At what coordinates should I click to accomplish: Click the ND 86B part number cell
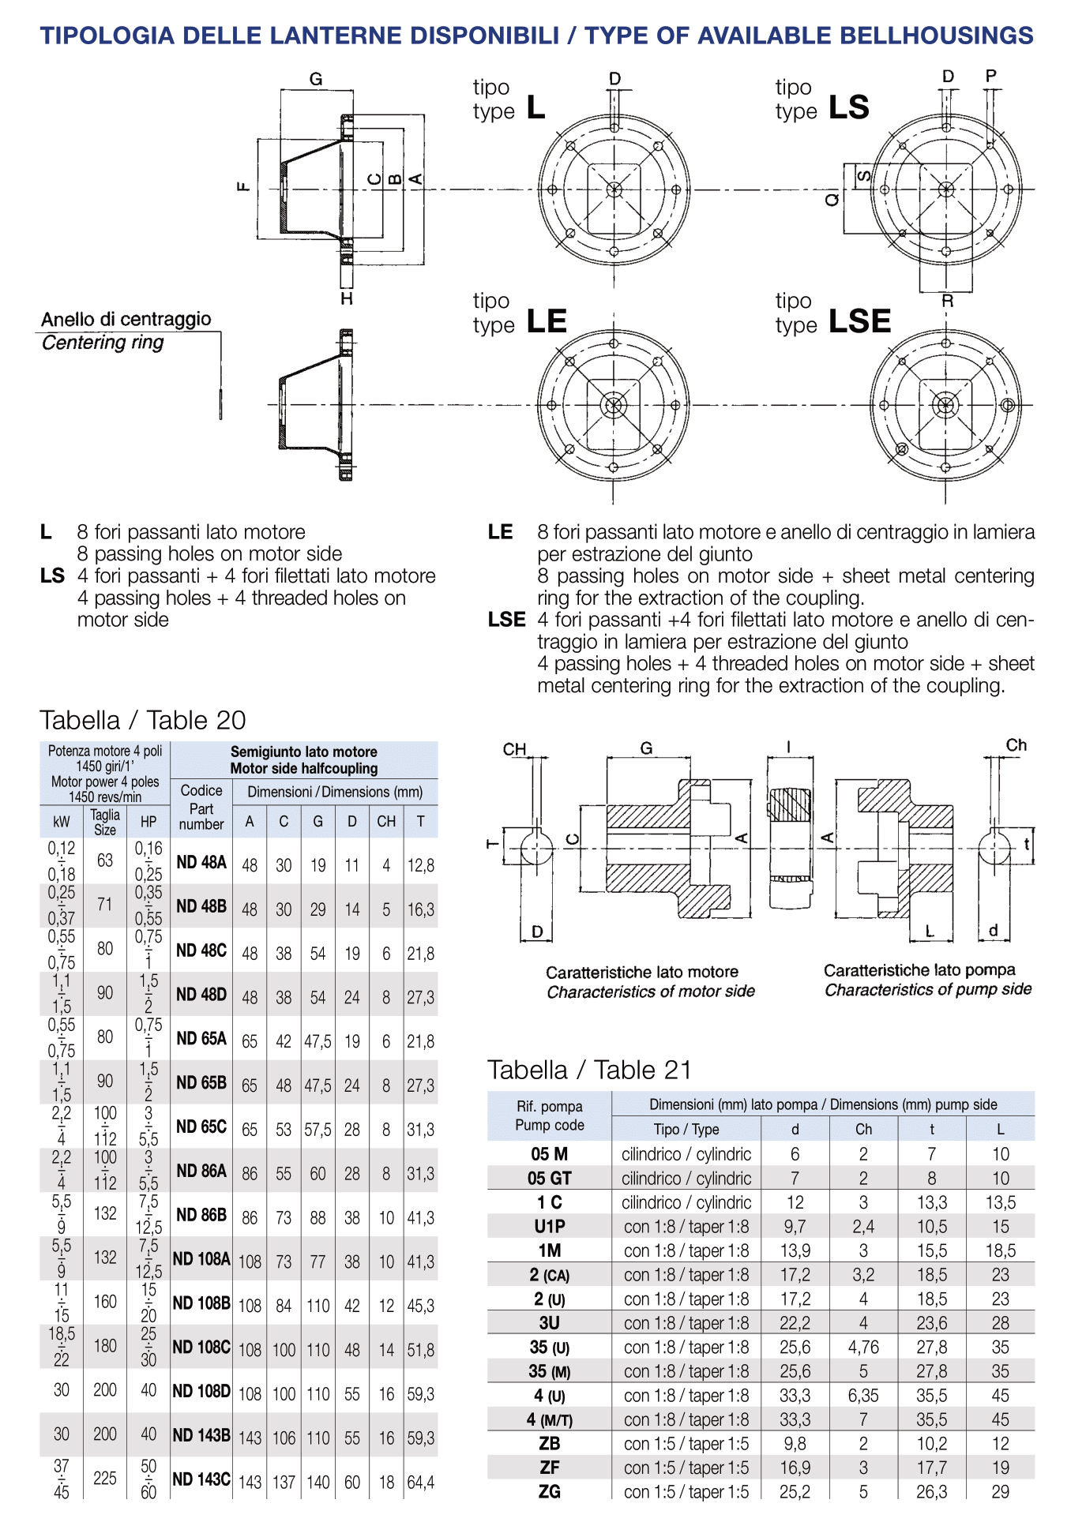coord(201,1215)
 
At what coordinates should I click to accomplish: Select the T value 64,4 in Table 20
coord(421,1483)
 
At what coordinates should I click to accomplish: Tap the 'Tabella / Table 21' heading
coord(589,1070)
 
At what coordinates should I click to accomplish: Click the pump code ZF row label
coord(550,1468)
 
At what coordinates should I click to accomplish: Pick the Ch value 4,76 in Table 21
coord(863,1347)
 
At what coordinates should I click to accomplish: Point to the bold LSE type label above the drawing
coord(860,321)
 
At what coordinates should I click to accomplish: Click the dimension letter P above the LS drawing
coord(991,76)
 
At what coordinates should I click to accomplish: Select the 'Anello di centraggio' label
coord(126,319)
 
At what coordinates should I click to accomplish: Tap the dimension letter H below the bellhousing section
coord(347,298)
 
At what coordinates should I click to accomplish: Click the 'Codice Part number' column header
coord(201,807)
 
